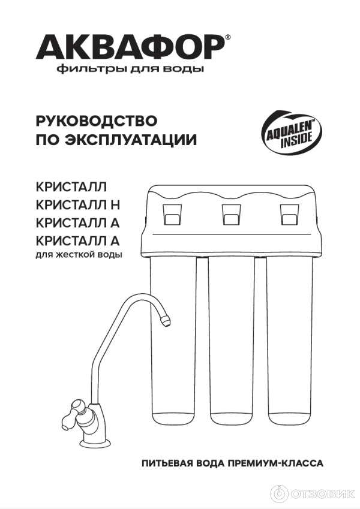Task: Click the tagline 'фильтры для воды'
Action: (x=130, y=69)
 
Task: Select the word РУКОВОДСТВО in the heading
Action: (x=97, y=121)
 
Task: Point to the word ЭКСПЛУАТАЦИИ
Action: (x=131, y=140)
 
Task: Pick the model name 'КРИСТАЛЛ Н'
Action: (x=78, y=205)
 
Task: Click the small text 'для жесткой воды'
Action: (x=79, y=254)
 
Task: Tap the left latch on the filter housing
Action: (x=173, y=215)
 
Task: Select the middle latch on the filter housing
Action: (x=232, y=215)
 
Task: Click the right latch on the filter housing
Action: (x=289, y=215)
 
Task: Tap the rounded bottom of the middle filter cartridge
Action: (x=232, y=418)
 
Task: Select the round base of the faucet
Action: (x=95, y=441)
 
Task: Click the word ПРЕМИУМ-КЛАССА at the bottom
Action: (x=276, y=463)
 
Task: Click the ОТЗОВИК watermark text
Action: (x=322, y=494)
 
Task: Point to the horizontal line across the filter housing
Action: (x=232, y=234)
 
